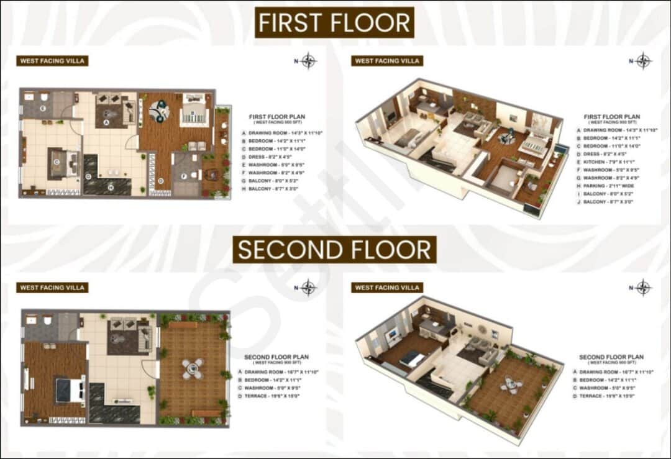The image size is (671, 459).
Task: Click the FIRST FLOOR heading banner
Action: (334, 23)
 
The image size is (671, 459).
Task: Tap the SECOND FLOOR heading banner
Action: (334, 250)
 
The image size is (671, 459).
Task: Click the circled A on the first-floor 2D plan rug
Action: (107, 123)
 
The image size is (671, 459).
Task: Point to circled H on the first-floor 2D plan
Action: (111, 187)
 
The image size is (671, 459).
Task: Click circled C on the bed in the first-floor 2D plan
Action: (56, 162)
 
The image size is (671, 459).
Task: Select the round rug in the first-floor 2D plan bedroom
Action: (159, 112)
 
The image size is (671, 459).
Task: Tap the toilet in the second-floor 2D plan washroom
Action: (47, 321)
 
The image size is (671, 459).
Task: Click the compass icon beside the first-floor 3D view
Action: (643, 61)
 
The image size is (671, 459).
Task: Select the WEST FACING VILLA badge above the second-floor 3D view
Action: (386, 288)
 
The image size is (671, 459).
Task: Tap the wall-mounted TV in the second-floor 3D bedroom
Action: (392, 335)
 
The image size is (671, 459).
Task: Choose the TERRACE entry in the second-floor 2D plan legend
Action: (273, 396)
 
